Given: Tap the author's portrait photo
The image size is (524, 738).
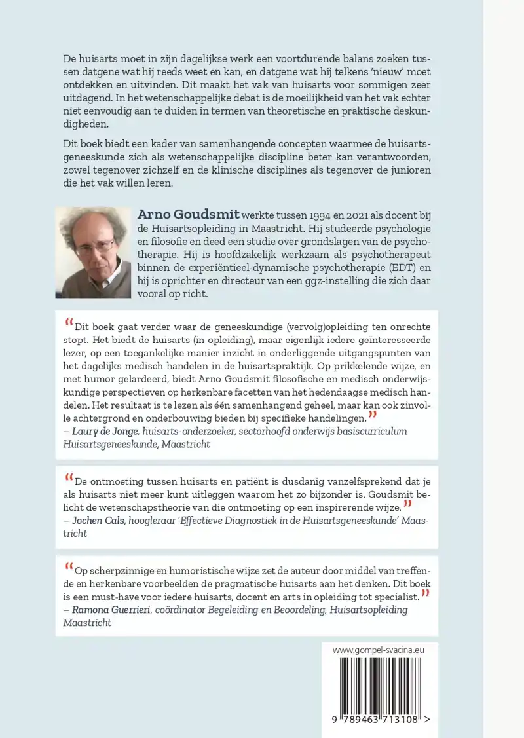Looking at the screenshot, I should [93, 252].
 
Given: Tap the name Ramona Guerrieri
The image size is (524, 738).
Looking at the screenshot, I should [106, 610].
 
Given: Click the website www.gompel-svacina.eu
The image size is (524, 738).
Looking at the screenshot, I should [379, 650].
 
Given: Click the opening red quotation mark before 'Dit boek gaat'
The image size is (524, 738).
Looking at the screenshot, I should [69, 322].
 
